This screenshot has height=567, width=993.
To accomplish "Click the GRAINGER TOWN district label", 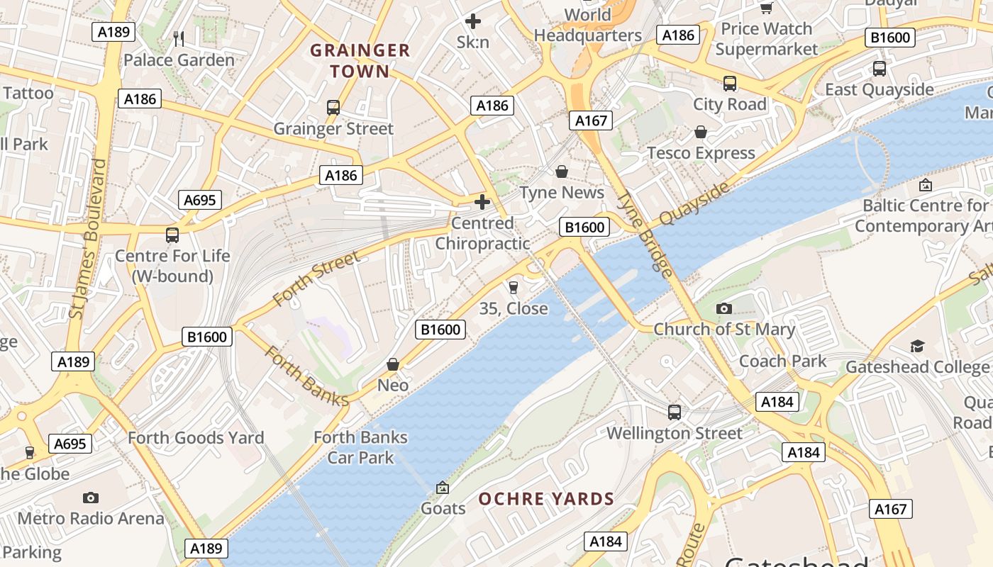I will (x=360, y=60).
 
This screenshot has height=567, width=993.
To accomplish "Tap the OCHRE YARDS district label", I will (x=546, y=499).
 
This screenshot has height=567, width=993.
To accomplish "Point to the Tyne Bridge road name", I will (x=645, y=233).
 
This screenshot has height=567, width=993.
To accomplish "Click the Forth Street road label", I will (x=316, y=279).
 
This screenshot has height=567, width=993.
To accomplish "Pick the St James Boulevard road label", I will (x=89, y=238).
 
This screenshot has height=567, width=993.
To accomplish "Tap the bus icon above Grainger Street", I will (x=333, y=108).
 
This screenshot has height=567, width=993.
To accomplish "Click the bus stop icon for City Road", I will (x=730, y=84).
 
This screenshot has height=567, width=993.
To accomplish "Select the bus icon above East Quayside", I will (x=880, y=69).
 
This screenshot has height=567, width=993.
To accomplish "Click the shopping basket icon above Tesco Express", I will (x=701, y=133).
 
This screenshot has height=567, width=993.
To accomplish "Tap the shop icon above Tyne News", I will (x=562, y=172).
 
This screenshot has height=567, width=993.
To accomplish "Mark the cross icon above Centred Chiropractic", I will (x=482, y=203).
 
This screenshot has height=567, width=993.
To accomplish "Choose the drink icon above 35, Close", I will (x=514, y=287).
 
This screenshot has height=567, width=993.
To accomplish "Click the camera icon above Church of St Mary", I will (x=724, y=308).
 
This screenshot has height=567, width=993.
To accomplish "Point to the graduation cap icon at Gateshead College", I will (x=918, y=346).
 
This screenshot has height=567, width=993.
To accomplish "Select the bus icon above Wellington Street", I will (x=675, y=412).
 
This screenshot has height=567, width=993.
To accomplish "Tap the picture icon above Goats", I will (x=443, y=488).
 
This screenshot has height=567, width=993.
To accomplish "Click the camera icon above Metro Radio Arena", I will (x=90, y=498).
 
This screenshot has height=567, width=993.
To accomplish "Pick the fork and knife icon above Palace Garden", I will (x=179, y=38).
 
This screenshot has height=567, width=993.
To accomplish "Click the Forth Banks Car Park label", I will (x=360, y=447).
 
